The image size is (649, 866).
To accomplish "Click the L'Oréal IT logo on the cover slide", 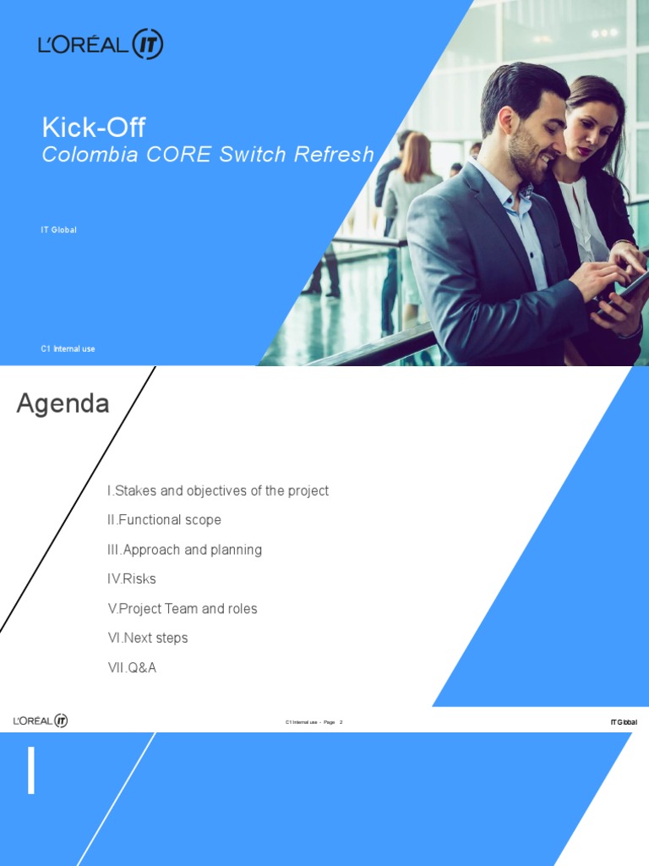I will [x=101, y=44].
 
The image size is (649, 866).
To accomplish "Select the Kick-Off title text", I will [x=94, y=128].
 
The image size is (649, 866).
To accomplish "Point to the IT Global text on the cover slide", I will [x=59, y=230].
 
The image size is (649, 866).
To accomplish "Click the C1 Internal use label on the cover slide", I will [x=68, y=349].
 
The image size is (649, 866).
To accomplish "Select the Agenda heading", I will [x=63, y=404].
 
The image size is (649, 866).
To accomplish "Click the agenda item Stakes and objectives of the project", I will [x=218, y=491].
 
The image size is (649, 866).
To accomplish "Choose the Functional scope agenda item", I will [x=164, y=520].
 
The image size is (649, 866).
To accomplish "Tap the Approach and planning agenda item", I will [x=184, y=550].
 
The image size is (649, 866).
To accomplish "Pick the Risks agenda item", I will [x=132, y=579].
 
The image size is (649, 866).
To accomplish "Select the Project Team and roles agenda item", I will [x=183, y=609].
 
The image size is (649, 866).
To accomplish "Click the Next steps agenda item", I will [x=148, y=639].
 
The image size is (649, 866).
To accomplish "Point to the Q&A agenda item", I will [x=132, y=668].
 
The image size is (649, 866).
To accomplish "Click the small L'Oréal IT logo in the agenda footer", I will [x=41, y=721].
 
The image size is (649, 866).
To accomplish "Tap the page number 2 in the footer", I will [x=341, y=722].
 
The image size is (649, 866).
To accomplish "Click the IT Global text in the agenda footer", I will [x=623, y=722].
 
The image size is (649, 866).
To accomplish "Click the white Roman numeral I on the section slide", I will [x=31, y=771].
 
